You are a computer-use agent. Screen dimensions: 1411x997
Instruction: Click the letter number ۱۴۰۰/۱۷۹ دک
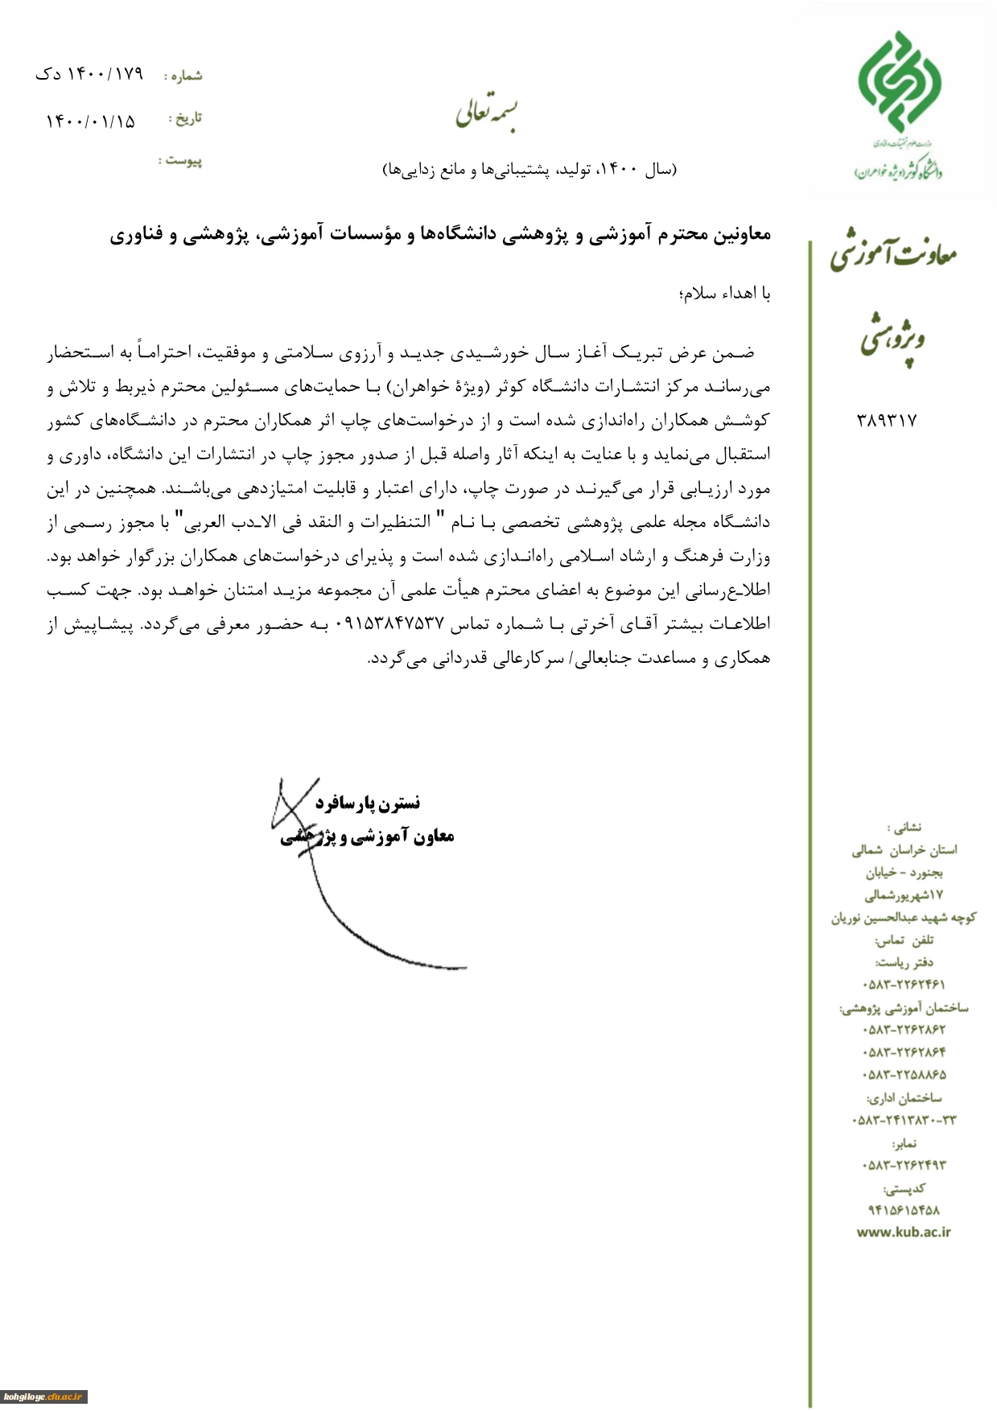click(x=89, y=74)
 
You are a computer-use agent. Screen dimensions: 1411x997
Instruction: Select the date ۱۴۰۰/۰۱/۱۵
click(x=91, y=121)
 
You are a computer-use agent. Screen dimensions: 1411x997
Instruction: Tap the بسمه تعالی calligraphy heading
click(x=487, y=113)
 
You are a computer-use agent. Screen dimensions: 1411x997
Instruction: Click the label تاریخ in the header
click(x=187, y=119)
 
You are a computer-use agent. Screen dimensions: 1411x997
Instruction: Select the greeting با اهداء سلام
click(x=725, y=294)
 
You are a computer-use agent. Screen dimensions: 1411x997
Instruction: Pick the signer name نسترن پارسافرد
click(x=368, y=803)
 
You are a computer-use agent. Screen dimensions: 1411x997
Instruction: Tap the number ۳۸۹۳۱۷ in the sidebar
click(x=888, y=420)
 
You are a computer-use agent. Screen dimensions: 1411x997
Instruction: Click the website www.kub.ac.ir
click(x=904, y=1232)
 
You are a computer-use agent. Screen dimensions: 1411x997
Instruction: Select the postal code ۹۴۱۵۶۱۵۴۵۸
click(x=904, y=1210)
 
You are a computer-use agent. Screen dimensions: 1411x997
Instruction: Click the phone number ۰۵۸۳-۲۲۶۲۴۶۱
click(x=904, y=984)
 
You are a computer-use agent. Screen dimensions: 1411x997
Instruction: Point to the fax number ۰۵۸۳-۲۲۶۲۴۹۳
click(x=904, y=1165)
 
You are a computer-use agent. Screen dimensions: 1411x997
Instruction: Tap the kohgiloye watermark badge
click(x=43, y=1397)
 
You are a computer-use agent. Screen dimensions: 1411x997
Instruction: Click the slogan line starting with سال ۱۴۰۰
click(x=529, y=170)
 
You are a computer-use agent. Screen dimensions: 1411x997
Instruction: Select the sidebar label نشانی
click(x=905, y=827)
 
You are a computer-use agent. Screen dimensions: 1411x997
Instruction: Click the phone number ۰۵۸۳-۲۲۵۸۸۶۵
click(x=904, y=1075)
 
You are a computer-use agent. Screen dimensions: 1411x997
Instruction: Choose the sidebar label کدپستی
click(x=905, y=1188)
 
